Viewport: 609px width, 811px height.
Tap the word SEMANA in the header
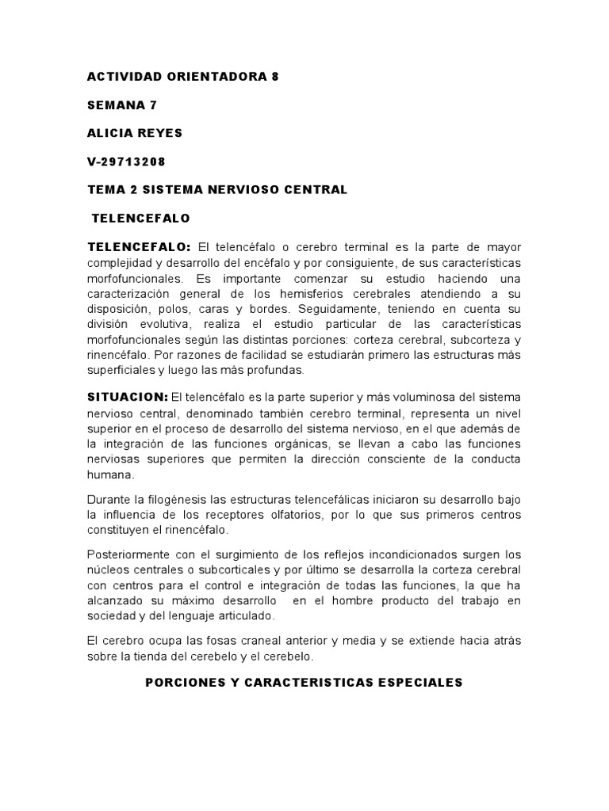112,105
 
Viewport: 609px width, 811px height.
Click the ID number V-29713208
127,162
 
